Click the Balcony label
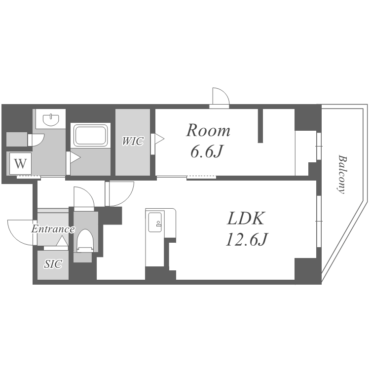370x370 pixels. point(342,174)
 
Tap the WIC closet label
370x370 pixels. point(133,141)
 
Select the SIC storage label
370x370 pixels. point(53,264)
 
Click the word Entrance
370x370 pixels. point(53,229)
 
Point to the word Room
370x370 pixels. point(208,130)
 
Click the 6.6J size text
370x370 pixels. point(207,151)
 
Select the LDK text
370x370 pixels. point(245,218)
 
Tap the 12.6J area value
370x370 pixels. point(247,239)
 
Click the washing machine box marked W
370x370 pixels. point(20,163)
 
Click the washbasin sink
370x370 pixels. point(51,119)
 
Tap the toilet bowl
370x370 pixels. point(86,240)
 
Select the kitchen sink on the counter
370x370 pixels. point(155,222)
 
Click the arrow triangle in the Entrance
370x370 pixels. point(62,241)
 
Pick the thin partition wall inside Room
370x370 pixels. point(260,126)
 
